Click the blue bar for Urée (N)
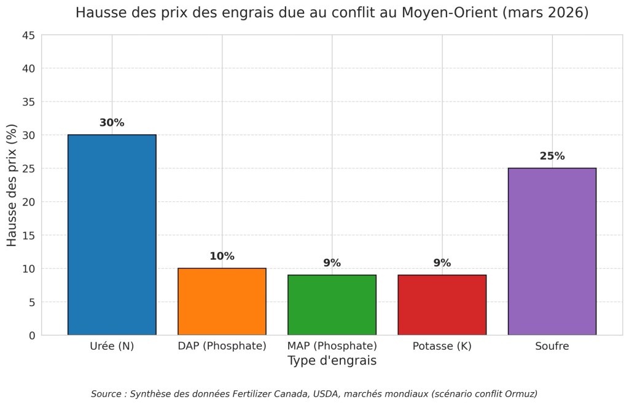point(112,234)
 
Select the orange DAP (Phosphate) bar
point(222,301)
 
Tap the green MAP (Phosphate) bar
point(332,304)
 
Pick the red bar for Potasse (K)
point(442,304)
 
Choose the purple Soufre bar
point(552,251)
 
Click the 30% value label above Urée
point(112,123)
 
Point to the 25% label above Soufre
point(552,156)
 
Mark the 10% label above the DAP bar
point(222,256)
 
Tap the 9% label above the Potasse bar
point(442,263)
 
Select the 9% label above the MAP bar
point(332,263)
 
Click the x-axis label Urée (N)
point(112,346)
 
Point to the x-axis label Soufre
point(552,346)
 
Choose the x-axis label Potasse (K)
point(442,346)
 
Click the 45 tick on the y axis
point(29,35)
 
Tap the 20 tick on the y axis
point(29,202)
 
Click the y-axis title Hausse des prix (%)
point(12,185)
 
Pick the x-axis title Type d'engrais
point(332,361)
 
